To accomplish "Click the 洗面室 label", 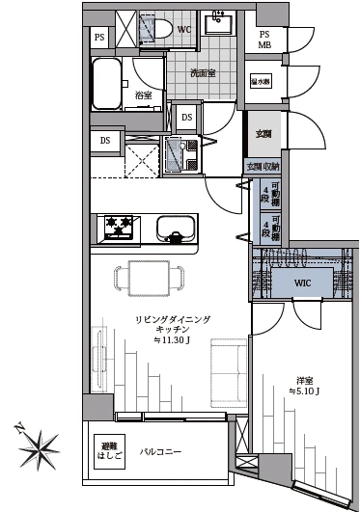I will click(x=203, y=71).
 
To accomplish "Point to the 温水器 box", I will click(x=262, y=82).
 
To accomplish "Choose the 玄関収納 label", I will click(x=262, y=166).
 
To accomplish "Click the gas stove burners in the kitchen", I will click(x=119, y=229).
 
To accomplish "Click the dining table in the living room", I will click(x=149, y=279).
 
